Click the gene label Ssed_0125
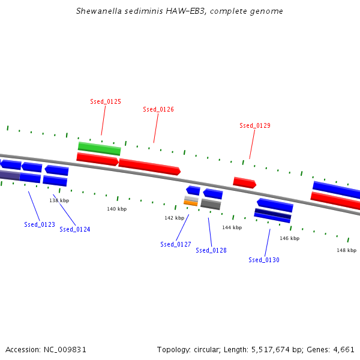tap(106, 101)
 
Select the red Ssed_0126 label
tap(158, 109)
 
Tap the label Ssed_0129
tap(255, 125)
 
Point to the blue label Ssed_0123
tap(40, 224)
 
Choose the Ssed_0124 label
tap(75, 229)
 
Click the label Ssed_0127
tap(176, 244)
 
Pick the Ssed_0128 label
tap(211, 250)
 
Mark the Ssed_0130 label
tap(264, 260)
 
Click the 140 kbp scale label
tap(116, 209)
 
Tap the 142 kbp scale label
tap(174, 218)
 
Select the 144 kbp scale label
tap(232, 227)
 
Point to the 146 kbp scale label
tap(290, 238)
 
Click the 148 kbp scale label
tap(346, 250)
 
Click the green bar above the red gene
tap(100, 149)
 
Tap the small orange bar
tap(191, 203)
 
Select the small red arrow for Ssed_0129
tap(245, 183)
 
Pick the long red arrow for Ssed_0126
tap(149, 167)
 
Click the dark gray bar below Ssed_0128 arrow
tap(211, 204)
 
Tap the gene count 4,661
tap(344, 350)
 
